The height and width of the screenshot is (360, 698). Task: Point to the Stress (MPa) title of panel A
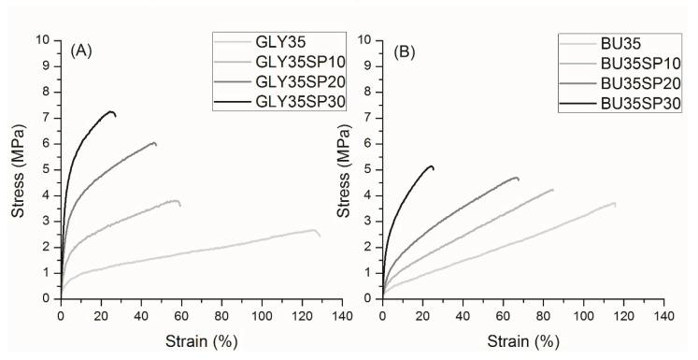(18, 168)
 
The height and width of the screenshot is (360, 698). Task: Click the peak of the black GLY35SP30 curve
(112, 111)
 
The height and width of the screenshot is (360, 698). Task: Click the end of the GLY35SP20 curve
(155, 143)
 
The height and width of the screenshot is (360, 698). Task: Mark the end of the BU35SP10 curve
(552, 190)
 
